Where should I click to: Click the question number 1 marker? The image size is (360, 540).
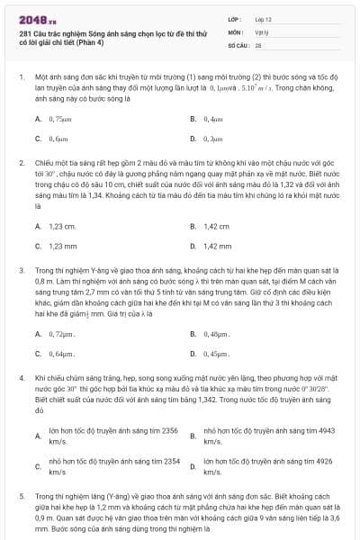coord(21,78)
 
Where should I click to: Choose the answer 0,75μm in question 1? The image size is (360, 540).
coord(59,118)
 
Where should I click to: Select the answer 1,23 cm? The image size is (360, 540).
coord(62,227)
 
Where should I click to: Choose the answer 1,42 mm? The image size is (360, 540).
coord(217,246)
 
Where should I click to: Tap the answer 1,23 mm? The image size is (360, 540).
coord(63,246)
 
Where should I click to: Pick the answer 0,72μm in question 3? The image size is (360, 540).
coord(61,334)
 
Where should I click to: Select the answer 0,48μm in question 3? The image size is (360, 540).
coord(216,334)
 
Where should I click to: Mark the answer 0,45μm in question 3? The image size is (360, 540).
coord(216,354)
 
